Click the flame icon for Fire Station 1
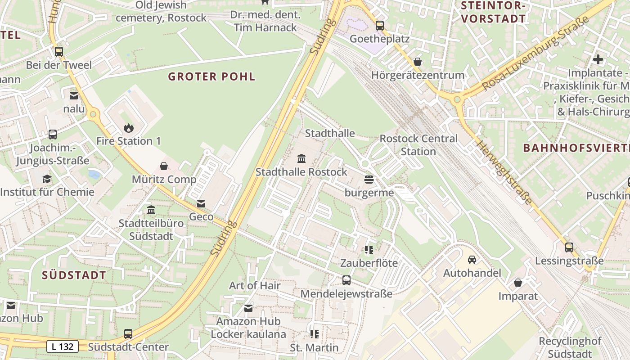tap(129, 128)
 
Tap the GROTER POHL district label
tap(211, 76)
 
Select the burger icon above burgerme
tap(369, 180)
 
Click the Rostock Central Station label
tap(418, 145)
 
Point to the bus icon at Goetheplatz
tap(380, 26)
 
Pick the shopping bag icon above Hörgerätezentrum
tap(418, 62)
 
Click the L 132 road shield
tap(63, 346)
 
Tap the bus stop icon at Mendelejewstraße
tap(346, 280)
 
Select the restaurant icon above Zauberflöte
tap(369, 249)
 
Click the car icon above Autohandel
tap(472, 260)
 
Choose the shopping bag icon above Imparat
tap(518, 283)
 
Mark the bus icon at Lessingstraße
tap(569, 247)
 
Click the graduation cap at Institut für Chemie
tap(47, 179)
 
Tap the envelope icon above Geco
tap(201, 204)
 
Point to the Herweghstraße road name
tap(504, 173)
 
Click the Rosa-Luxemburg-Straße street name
tap(535, 53)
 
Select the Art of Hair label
tap(255, 285)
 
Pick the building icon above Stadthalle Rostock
tap(301, 158)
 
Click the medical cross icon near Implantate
tap(598, 59)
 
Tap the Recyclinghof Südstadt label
tap(570, 347)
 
